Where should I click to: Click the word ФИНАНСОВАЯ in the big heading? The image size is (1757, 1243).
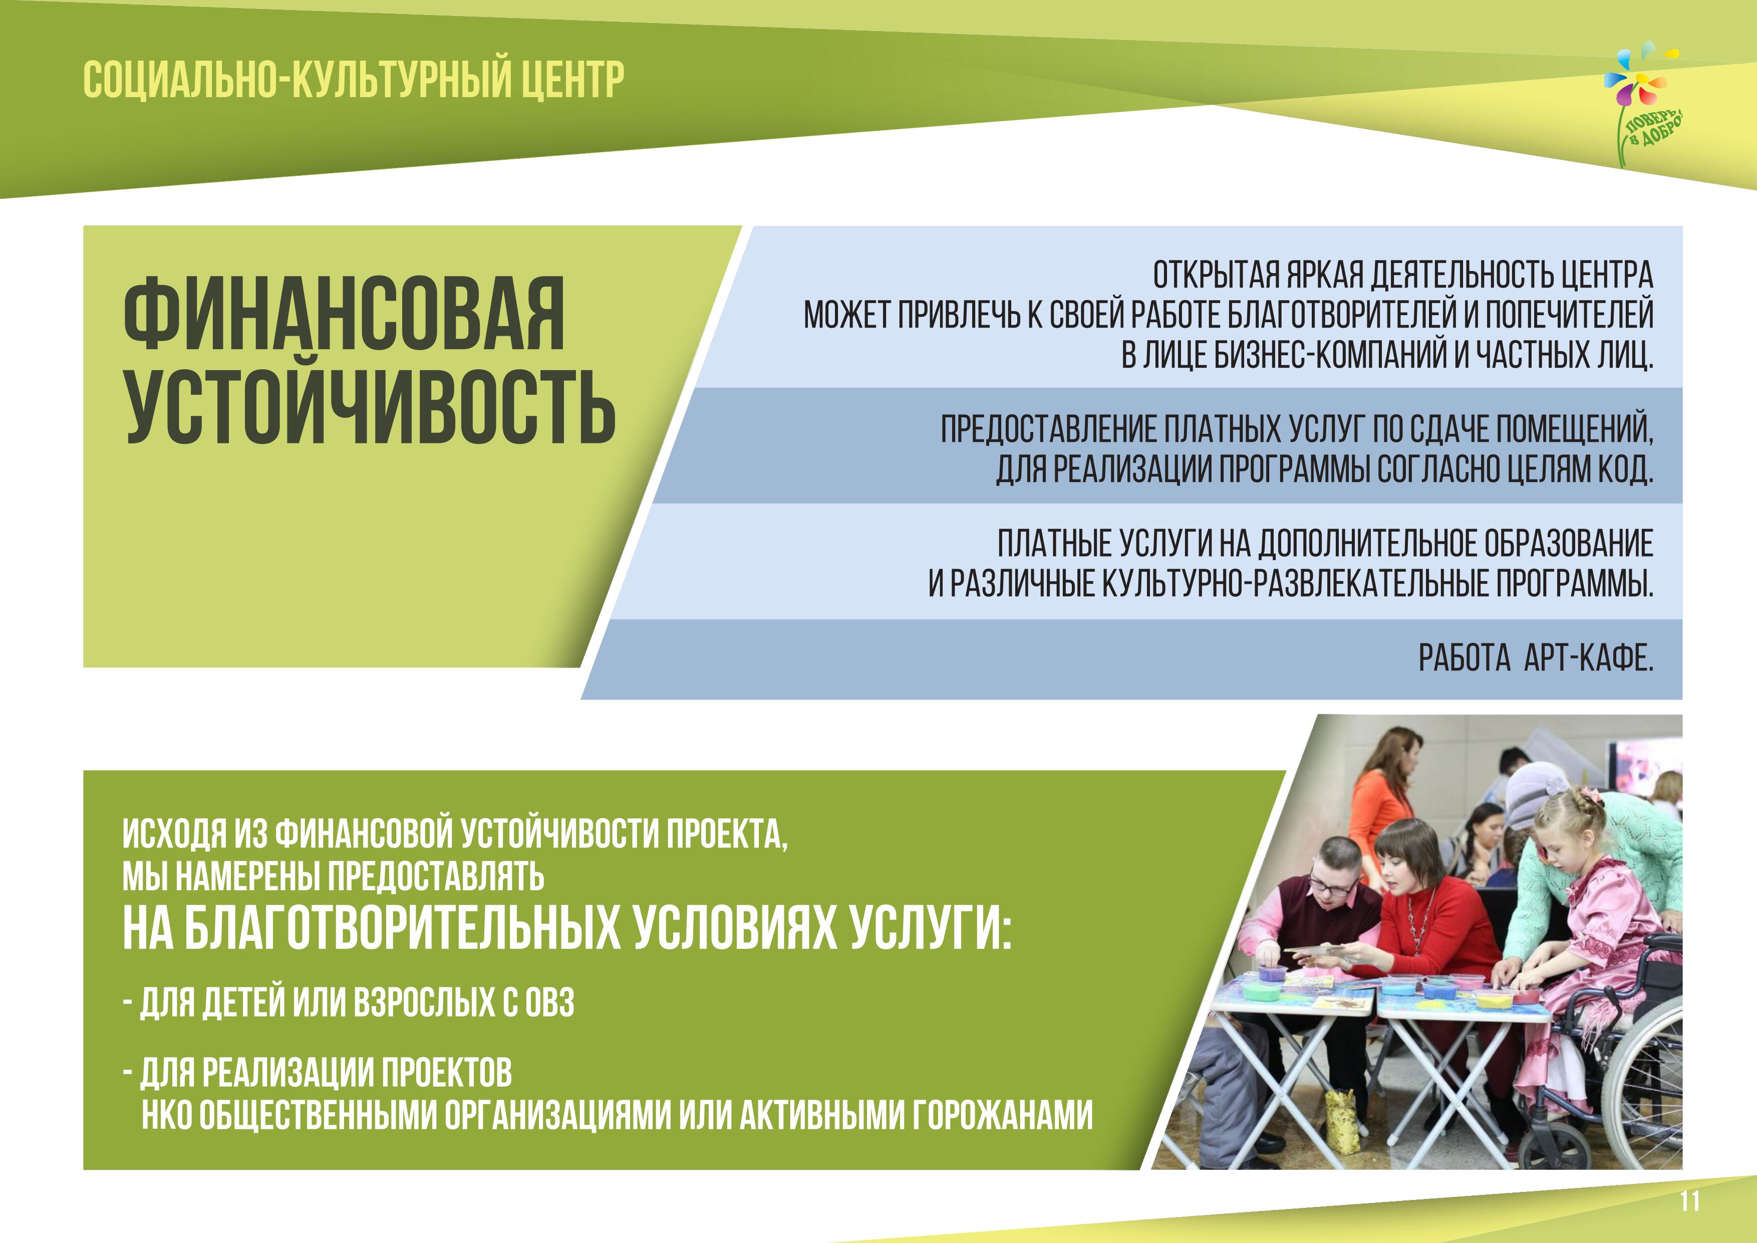pyautogui.click(x=345, y=314)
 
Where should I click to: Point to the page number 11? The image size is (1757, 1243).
pyautogui.click(x=1690, y=1201)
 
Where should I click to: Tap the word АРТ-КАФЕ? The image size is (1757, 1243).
pyautogui.click(x=1589, y=657)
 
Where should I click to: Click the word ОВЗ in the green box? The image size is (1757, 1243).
pyautogui.click(x=549, y=1003)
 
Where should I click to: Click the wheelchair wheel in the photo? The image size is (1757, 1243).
pyautogui.click(x=1645, y=1087)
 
